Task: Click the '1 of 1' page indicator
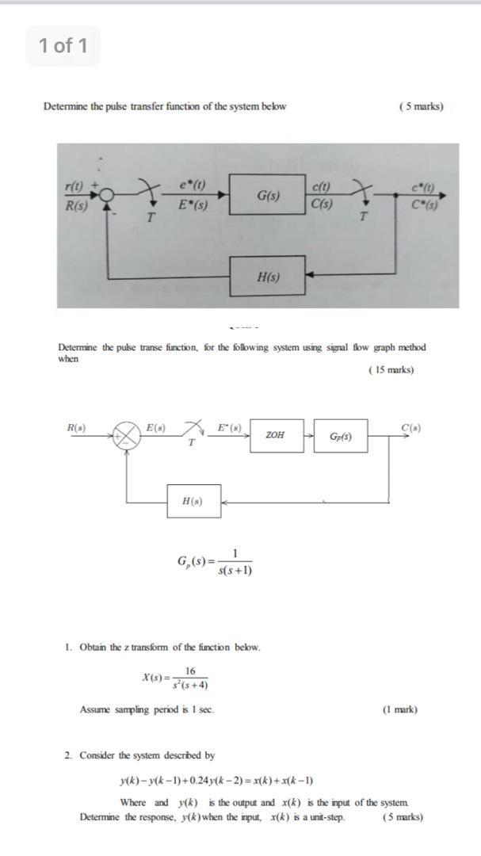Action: (x=63, y=46)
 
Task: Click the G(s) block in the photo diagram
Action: (x=267, y=195)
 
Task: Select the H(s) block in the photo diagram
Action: (x=268, y=277)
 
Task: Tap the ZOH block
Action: (x=277, y=435)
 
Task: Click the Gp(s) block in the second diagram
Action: (x=341, y=436)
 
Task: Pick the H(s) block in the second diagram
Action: (x=193, y=502)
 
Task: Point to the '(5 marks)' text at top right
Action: (x=421, y=106)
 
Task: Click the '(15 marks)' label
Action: (x=391, y=369)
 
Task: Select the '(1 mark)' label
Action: (x=399, y=709)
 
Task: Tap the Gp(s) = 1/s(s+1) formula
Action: (x=215, y=562)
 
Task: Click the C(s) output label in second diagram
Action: (x=410, y=428)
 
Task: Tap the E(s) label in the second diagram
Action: (x=155, y=428)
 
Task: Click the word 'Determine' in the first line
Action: (x=63, y=106)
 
